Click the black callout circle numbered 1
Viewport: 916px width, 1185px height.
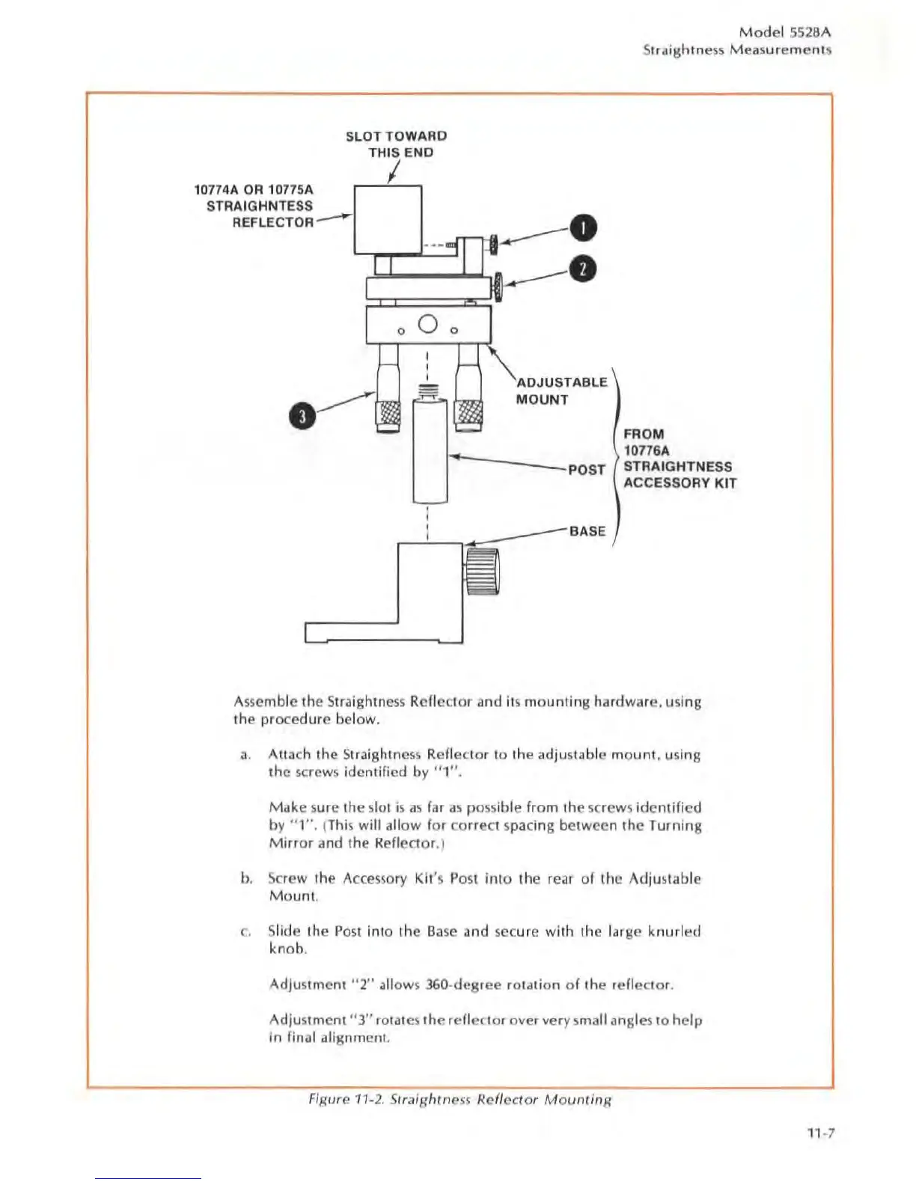coord(583,228)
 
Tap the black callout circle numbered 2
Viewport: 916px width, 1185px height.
coord(583,269)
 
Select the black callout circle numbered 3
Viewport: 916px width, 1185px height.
coord(302,417)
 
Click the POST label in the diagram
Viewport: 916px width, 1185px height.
coord(587,470)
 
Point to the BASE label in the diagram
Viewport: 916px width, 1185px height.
coord(587,531)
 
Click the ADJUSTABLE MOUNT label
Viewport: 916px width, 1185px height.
coord(561,391)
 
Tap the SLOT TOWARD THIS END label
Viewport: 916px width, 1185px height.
coord(397,144)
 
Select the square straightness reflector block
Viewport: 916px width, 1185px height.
coord(388,219)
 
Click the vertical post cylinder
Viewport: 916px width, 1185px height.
coord(430,452)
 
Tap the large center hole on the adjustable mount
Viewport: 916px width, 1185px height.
coord(427,324)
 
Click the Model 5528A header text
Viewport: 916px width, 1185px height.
coord(784,32)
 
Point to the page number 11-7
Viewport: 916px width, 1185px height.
coord(820,1132)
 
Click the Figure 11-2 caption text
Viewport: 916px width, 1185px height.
coord(460,1099)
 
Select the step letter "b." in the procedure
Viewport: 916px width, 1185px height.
coord(246,878)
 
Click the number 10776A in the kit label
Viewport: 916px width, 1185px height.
coord(647,450)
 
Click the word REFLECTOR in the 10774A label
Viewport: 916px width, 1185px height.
coord(272,222)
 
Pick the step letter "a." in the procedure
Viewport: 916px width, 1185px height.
coord(245,755)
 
